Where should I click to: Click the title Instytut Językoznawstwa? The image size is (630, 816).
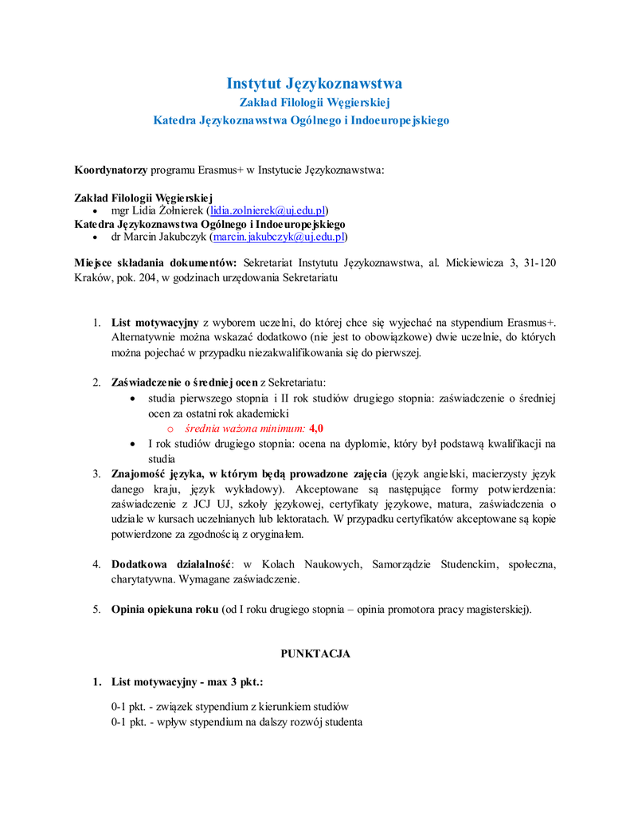[315, 84]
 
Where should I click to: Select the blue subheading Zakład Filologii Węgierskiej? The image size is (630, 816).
[315, 103]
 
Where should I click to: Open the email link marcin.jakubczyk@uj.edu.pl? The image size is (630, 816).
[278, 237]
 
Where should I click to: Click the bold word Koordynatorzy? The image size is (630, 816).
[111, 171]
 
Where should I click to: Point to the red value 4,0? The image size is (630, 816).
[316, 428]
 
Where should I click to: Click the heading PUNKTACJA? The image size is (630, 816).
[315, 653]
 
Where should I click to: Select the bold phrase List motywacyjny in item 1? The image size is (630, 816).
[155, 323]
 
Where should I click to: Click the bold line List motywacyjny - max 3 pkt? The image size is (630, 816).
[187, 683]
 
